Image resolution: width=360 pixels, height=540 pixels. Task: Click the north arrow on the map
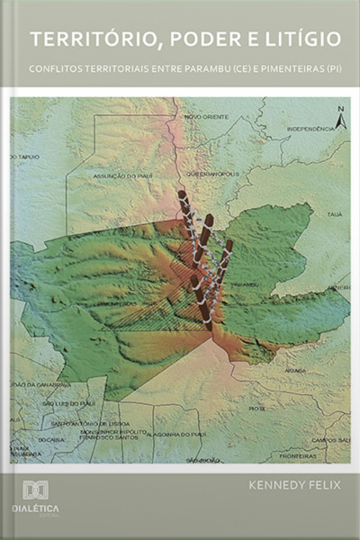point(340,117)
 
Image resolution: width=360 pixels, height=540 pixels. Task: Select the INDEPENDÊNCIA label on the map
point(310,129)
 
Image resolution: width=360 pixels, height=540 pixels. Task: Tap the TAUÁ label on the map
point(335,215)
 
